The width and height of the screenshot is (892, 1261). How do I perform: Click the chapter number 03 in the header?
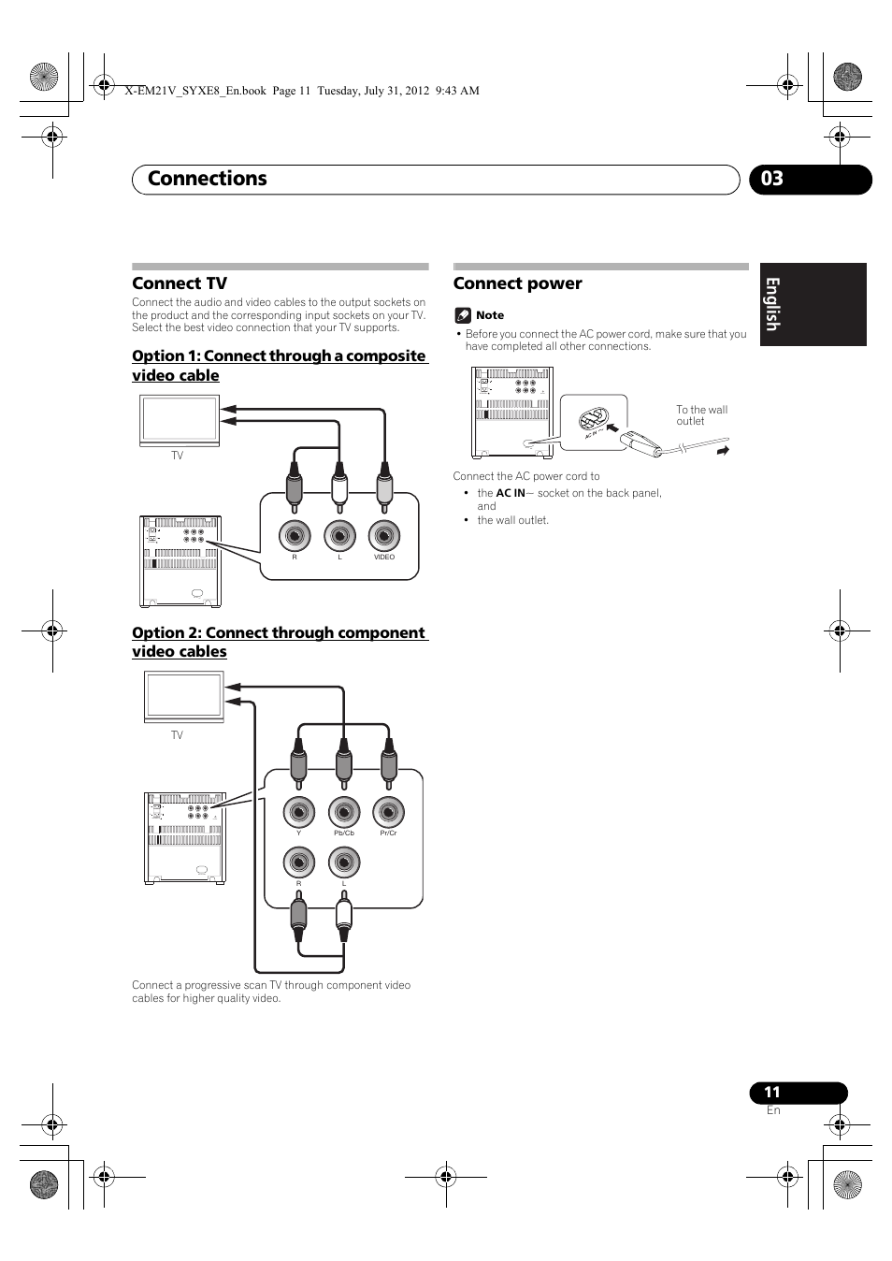[772, 179]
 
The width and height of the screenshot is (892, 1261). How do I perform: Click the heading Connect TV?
[180, 283]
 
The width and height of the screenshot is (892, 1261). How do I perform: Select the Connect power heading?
[517, 283]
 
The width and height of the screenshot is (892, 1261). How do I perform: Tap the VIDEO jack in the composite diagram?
[384, 536]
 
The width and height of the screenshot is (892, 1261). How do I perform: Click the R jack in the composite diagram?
[295, 536]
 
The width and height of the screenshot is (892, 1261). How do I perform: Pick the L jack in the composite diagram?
[339, 536]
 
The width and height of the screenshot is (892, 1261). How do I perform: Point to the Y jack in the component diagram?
[299, 812]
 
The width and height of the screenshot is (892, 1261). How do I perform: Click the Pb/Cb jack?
[344, 812]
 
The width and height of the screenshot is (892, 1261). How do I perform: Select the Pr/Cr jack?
[388, 812]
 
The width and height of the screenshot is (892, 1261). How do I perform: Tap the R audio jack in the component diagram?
[299, 862]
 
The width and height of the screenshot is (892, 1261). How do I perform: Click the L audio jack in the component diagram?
[344, 862]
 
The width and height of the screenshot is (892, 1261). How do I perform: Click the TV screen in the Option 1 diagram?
[180, 420]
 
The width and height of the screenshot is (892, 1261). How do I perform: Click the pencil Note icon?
[462, 315]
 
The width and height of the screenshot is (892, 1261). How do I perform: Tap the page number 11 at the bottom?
[771, 1092]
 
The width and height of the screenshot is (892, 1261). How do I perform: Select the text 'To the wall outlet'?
[701, 415]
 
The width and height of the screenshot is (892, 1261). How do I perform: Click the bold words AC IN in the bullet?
[511, 493]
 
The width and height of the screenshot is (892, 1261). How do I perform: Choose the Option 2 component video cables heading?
[279, 642]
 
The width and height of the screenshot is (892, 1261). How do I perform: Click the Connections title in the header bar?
[208, 179]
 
